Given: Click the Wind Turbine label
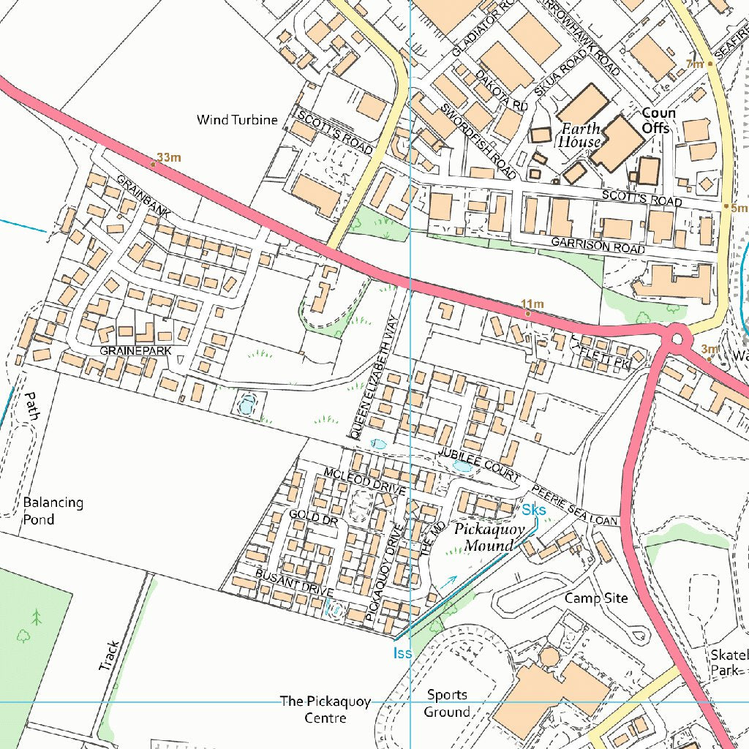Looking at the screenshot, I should coord(238,120).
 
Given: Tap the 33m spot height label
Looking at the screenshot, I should coord(169,157).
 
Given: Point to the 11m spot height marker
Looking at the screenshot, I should coord(528,313).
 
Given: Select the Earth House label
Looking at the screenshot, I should coord(580,135).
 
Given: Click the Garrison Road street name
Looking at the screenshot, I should coord(598,245).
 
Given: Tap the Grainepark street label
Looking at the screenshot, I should coord(135,351).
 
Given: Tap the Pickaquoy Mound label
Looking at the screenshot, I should coord(489,538).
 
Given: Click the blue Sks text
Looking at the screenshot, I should coord(534,509).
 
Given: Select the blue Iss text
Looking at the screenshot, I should coord(402,652).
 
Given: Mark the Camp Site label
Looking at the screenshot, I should coord(596,598).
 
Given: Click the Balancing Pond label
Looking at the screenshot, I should coord(53,511).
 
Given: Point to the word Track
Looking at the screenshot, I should coord(110,656).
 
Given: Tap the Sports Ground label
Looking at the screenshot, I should coord(447,703).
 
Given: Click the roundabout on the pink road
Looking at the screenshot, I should coord(678,339).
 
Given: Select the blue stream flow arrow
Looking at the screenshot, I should coord(447,582).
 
